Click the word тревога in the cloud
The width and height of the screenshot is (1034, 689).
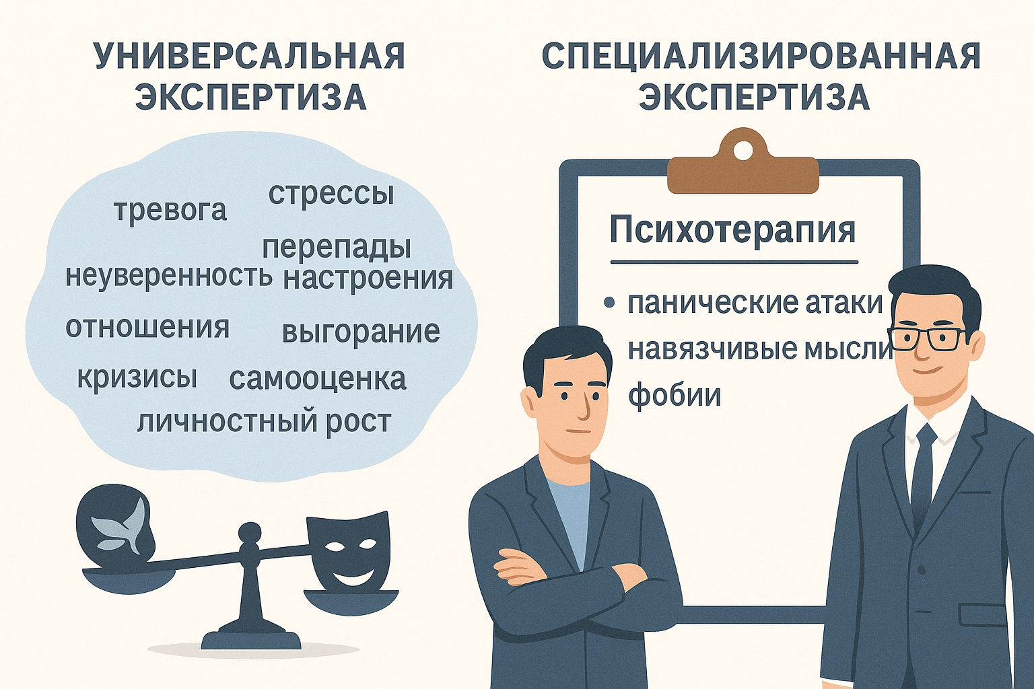pos(170,210)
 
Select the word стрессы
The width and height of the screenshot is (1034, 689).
pos(331,194)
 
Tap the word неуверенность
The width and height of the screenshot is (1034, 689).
pos(168,276)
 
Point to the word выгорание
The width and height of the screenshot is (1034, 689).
pos(360,332)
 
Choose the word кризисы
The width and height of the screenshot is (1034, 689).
pos(137,377)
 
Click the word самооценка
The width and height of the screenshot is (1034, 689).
pos(317,379)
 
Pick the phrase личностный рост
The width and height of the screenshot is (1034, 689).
pos(264,423)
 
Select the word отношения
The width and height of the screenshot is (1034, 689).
pos(147,328)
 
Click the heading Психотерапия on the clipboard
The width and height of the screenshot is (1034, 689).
pos(732,231)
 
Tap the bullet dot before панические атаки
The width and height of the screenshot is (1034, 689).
pos(610,303)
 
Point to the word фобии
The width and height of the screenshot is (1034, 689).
pos(674,396)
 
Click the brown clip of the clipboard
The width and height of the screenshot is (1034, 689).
pos(743,165)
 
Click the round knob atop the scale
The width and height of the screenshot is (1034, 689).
pos(250,534)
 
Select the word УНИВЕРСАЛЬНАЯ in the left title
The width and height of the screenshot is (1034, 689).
pos(250,57)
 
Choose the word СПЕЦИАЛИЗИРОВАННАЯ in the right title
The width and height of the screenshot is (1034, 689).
pos(761,57)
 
